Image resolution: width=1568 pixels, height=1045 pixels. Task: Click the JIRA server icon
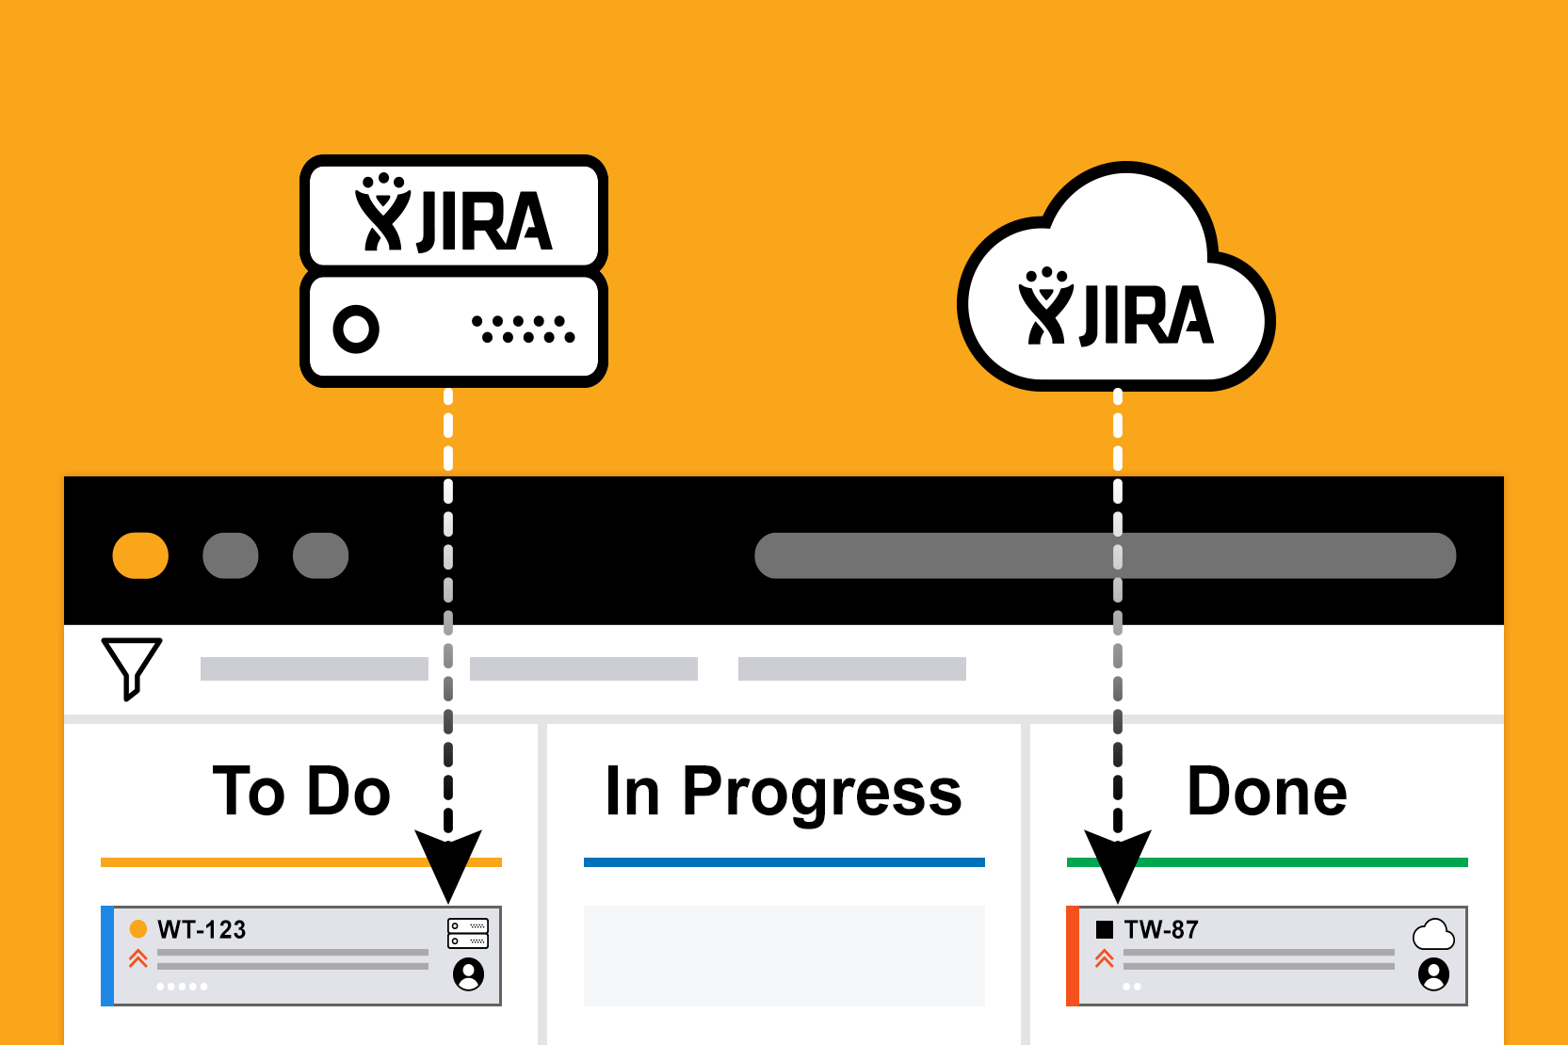click(453, 270)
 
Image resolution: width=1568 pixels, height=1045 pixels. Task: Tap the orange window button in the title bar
click(140, 555)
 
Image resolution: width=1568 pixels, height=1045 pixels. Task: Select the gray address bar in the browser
click(1105, 555)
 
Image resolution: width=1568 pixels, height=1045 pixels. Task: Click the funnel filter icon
click(132, 667)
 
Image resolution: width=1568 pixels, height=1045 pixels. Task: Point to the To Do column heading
click(301, 791)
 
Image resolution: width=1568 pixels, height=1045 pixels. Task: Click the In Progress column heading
click(784, 791)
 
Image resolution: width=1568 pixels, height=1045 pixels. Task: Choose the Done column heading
click(1267, 791)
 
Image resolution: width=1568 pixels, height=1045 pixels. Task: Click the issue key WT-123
click(202, 930)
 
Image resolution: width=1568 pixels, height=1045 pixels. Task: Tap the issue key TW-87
click(1161, 930)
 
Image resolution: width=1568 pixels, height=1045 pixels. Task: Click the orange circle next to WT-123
click(138, 929)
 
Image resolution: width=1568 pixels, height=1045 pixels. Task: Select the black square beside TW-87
click(1105, 930)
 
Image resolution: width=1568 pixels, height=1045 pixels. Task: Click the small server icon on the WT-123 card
click(468, 933)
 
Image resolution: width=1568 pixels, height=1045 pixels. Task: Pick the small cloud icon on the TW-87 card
click(1433, 935)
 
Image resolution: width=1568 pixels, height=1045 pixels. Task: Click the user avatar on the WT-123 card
click(468, 973)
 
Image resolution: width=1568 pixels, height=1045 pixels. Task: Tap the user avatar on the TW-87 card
click(1433, 973)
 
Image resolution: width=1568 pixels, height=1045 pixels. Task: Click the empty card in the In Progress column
click(784, 956)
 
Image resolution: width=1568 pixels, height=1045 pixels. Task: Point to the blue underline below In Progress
click(784, 862)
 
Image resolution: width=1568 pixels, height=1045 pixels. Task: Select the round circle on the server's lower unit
click(356, 330)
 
